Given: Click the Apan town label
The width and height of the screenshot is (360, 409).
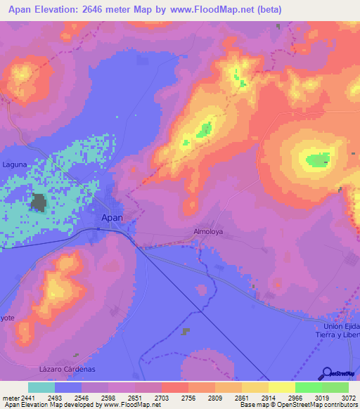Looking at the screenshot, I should (112, 218).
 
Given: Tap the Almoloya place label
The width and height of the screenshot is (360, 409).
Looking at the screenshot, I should (207, 231).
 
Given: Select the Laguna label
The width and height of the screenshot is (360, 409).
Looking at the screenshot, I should (14, 164).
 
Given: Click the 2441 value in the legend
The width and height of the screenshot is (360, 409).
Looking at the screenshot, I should (28, 398).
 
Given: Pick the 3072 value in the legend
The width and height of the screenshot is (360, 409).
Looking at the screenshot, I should (349, 398).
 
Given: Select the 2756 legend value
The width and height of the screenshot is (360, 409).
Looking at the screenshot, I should (188, 398).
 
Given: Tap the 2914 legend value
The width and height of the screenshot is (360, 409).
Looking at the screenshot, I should (269, 398).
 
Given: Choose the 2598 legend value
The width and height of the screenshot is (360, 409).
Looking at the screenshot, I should (108, 398).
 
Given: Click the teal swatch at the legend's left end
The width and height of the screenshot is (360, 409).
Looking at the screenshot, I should (41, 387).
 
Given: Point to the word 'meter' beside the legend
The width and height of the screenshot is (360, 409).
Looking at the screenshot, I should (9, 398).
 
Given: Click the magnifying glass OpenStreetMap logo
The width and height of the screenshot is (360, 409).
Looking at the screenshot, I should (326, 374).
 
